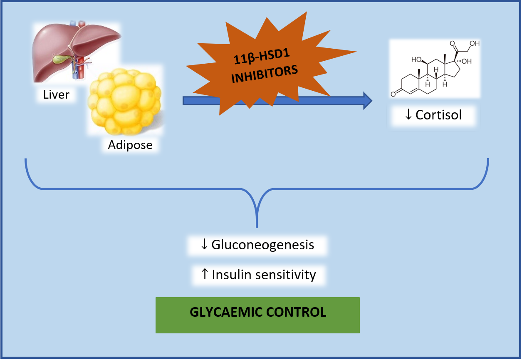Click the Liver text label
pos(56,95)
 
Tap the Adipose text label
pos(130,145)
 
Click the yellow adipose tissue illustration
pos(125,100)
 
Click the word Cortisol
pos(439,115)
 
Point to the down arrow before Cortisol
pos(409,115)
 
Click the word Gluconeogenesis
pos(262,245)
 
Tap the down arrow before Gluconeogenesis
pos(204,245)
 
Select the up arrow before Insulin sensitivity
pos(204,275)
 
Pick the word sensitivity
pos(286,275)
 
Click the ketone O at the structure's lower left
pos(393,94)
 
